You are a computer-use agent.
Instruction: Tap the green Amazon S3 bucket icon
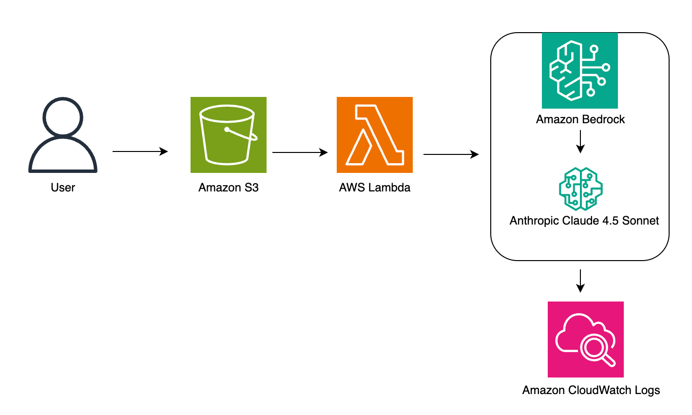tap(228, 135)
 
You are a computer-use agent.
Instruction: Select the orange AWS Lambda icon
tap(374, 135)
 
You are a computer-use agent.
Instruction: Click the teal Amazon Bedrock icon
tap(579, 71)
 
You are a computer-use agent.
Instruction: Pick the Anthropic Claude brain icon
tap(580, 189)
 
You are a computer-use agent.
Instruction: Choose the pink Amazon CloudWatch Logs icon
tap(585, 340)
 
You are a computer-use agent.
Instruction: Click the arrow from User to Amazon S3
tap(140, 152)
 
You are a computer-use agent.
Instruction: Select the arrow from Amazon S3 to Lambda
tap(300, 152)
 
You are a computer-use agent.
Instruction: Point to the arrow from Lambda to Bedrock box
tap(451, 155)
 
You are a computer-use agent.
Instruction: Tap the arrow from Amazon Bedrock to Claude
tap(580, 142)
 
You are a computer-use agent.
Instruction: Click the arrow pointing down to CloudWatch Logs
tap(580, 281)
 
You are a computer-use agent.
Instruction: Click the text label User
tap(63, 188)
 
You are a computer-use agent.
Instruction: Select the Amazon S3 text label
tap(228, 188)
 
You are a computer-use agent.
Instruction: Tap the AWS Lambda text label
tap(374, 188)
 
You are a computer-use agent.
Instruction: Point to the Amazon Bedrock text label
tap(580, 119)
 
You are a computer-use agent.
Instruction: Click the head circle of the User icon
tap(63, 117)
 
